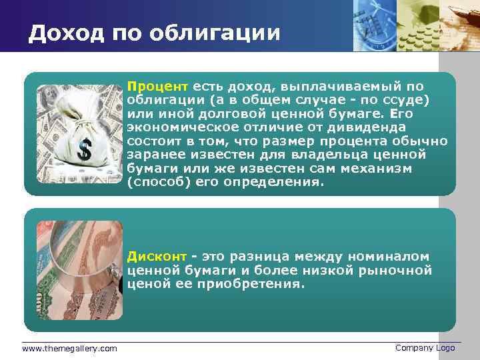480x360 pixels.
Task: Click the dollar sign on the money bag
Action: click(x=84, y=149)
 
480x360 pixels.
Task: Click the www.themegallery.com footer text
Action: click(x=69, y=349)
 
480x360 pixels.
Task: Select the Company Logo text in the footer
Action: click(x=425, y=348)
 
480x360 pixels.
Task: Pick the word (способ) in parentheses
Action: click(x=159, y=182)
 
